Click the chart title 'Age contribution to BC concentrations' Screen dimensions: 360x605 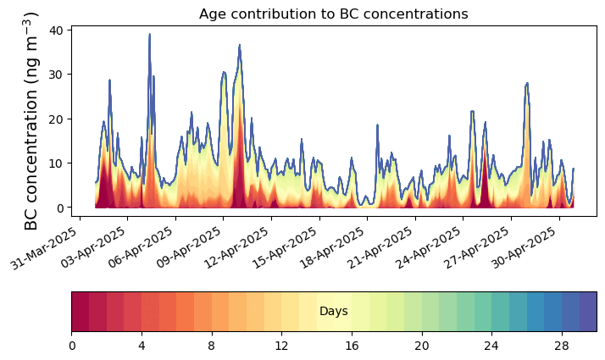click(x=333, y=14)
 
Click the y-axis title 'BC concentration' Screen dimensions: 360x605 click(x=32, y=120)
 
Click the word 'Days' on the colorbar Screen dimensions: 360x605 click(x=333, y=312)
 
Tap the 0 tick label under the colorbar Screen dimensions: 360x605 click(x=72, y=346)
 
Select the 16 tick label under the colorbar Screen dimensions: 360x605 click(x=352, y=346)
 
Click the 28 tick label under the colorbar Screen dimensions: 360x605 click(x=561, y=346)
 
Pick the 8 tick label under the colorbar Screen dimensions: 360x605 click(x=212, y=346)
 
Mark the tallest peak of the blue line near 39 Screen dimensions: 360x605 click(x=150, y=35)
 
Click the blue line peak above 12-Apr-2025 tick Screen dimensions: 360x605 click(x=240, y=45)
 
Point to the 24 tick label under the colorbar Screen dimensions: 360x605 click(x=491, y=346)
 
